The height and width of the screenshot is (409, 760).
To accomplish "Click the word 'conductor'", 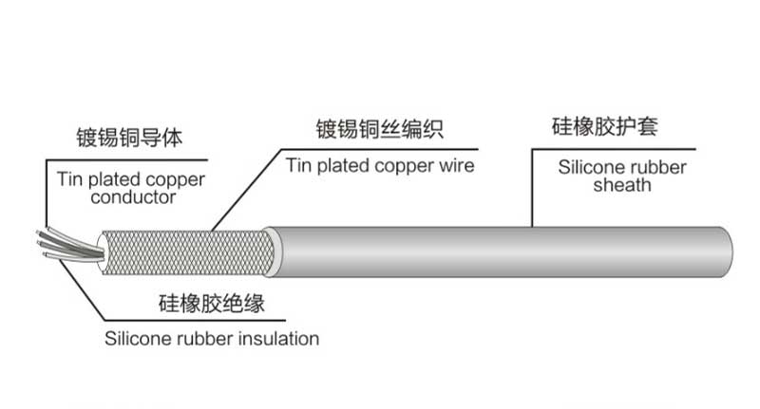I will click(133, 197).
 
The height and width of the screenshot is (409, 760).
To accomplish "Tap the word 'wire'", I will click(457, 165).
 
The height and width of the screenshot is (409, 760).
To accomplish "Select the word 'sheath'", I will click(622, 185).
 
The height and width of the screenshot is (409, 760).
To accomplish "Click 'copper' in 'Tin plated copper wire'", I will click(405, 166).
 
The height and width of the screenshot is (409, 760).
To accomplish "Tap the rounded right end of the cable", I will click(726, 251).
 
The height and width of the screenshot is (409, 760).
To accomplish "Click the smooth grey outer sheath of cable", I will click(494, 251).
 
